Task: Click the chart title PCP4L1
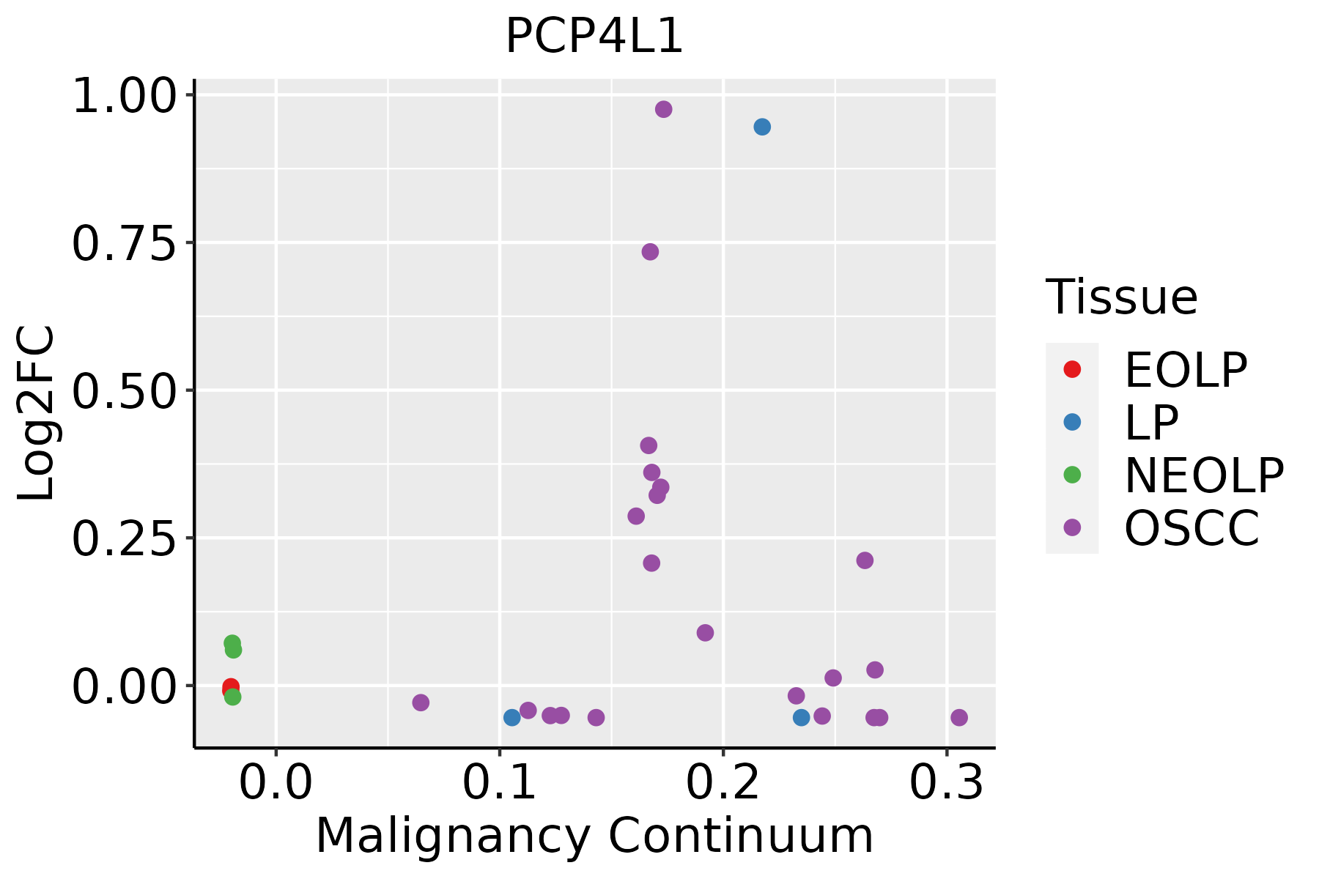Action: pos(594,37)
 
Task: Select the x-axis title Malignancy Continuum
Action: pos(594,837)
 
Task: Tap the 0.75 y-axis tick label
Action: pos(125,244)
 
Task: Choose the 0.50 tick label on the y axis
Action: pos(125,392)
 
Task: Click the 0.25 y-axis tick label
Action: pos(125,539)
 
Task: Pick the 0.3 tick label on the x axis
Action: pos(947,784)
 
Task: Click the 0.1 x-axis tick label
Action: pos(499,784)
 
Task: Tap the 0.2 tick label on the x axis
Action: pos(723,784)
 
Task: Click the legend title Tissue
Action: pos(1122,297)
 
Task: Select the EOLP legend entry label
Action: pos(1186,370)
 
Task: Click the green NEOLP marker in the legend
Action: pos(1072,475)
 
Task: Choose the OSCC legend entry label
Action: pos(1191,528)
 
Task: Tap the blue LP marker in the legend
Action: pos(1072,422)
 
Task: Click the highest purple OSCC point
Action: pos(664,109)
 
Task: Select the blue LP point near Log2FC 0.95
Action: pos(762,127)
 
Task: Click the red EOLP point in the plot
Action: pos(230,687)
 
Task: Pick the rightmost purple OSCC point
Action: pos(959,717)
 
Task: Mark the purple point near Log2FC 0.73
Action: pos(650,252)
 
